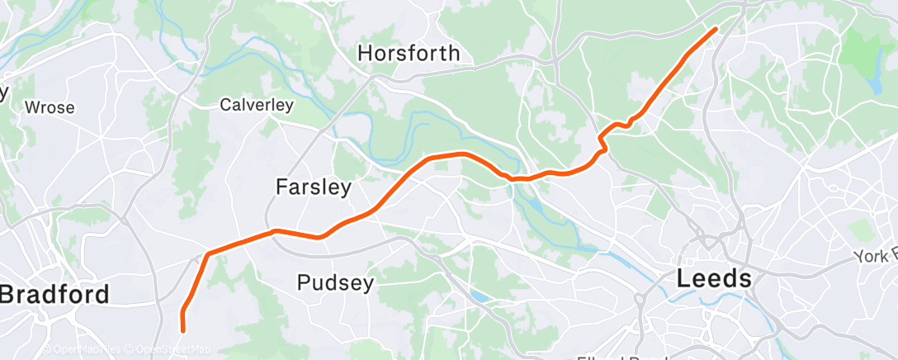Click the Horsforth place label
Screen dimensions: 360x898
click(x=409, y=54)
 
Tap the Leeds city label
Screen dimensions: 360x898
click(x=714, y=278)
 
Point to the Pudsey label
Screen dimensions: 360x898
click(x=335, y=283)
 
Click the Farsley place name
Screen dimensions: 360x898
click(x=313, y=187)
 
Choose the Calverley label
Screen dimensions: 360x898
click(x=257, y=105)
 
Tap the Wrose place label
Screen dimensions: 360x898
click(x=50, y=107)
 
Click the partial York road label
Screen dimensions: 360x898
click(x=877, y=257)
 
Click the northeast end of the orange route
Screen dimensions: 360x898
click(x=715, y=29)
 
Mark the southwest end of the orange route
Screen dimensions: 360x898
click(x=182, y=330)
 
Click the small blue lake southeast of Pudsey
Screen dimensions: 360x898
click(x=479, y=296)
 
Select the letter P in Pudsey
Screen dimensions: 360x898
click(x=303, y=283)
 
